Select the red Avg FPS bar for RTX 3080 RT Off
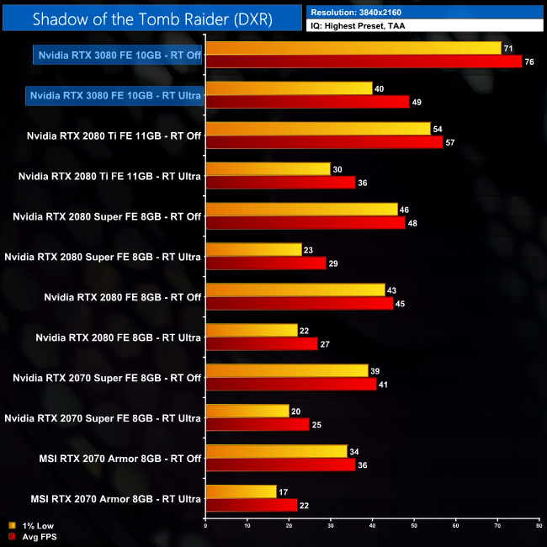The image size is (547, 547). coord(364,61)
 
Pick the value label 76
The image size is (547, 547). coord(528,61)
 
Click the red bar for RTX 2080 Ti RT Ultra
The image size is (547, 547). coord(280,182)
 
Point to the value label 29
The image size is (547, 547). coord(333,263)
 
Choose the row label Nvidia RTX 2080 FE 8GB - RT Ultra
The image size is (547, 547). coord(119,337)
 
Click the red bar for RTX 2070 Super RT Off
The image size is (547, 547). coord(290,384)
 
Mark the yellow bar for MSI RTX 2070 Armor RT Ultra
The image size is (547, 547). coord(241,492)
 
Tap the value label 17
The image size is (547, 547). coord(284,491)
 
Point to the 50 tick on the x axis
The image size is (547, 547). coord(413,526)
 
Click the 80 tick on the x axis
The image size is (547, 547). coord(539,526)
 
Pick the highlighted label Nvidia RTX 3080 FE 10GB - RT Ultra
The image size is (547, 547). coord(114,95)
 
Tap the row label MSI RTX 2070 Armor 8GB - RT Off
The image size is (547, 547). coord(116,459)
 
